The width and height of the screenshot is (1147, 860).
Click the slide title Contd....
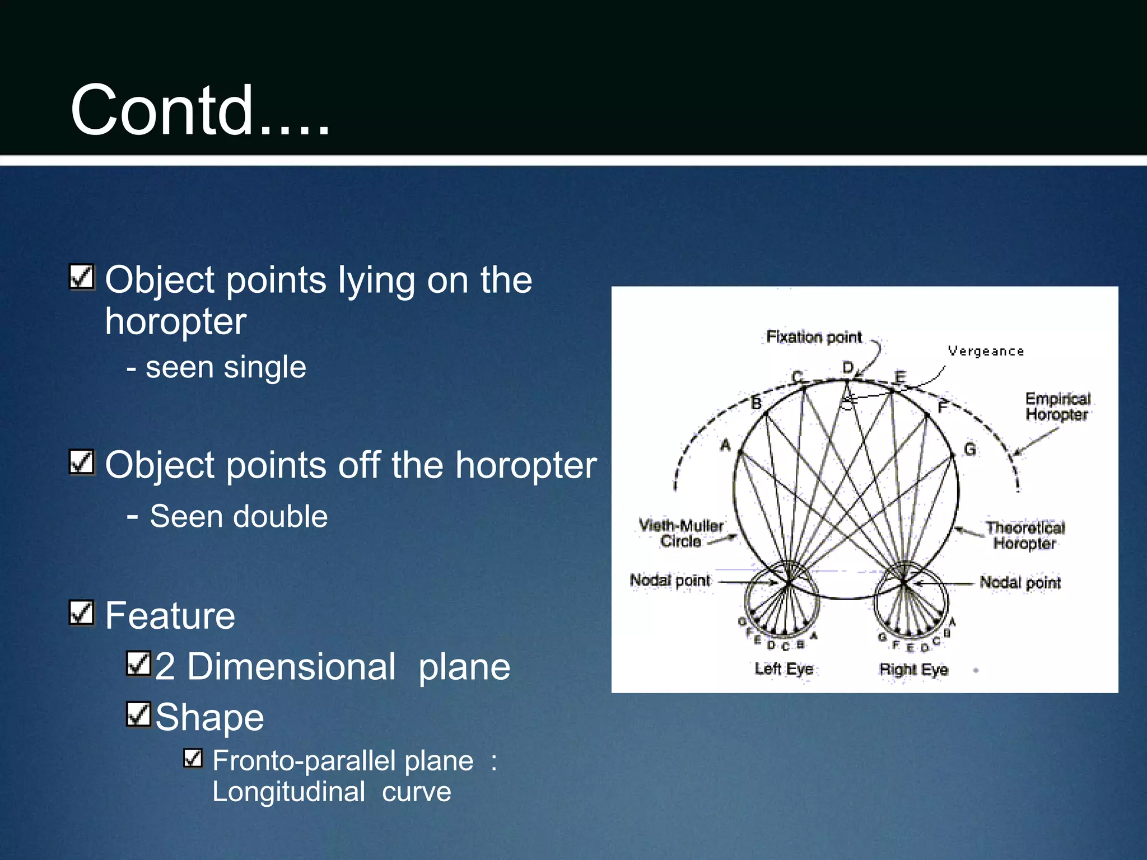[200, 110]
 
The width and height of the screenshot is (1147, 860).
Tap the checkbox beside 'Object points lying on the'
[82, 277]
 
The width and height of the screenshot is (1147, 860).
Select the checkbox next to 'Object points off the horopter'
[82, 462]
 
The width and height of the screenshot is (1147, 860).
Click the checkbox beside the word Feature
[82, 613]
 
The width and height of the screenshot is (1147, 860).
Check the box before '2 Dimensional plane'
[138, 664]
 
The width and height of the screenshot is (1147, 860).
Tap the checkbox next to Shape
[138, 714]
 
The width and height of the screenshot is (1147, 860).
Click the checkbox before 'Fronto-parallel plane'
[193, 759]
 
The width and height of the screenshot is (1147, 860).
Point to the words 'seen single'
[226, 367]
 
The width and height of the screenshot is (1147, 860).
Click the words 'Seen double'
[239, 516]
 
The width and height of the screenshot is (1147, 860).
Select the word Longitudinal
[288, 792]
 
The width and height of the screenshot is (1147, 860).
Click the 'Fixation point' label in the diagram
[814, 337]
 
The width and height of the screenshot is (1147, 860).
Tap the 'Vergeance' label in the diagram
[986, 352]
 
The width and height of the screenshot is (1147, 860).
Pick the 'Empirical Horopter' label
[1057, 406]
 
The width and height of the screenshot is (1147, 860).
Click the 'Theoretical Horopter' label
[1025, 535]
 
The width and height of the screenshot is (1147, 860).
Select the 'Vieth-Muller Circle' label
[681, 533]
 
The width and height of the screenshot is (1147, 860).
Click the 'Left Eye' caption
[784, 669]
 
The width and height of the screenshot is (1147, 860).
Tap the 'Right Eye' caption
[913, 669]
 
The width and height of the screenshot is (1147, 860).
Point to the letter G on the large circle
[969, 450]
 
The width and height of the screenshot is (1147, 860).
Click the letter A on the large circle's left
[725, 446]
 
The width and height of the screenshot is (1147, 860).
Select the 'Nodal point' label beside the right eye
[1020, 583]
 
